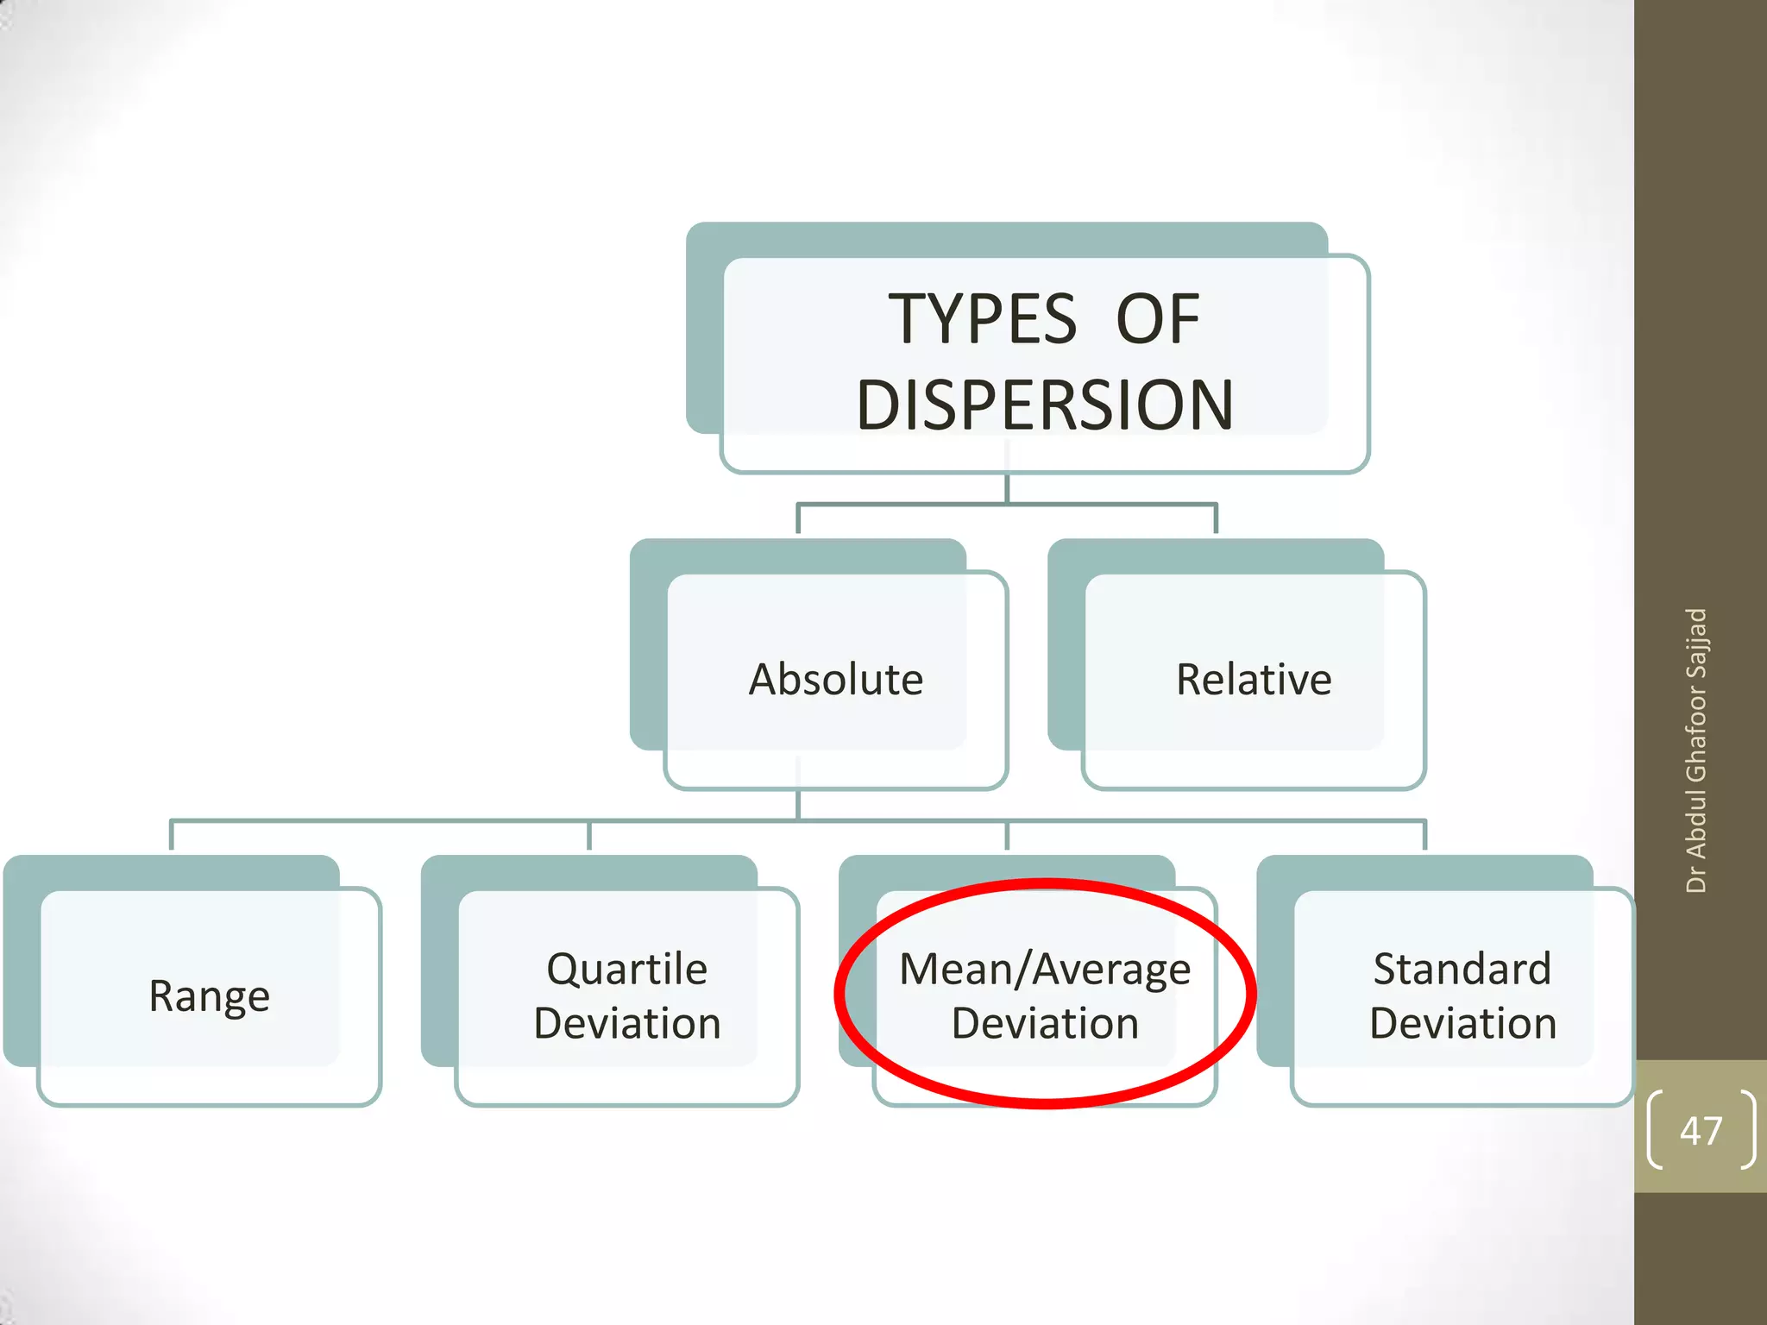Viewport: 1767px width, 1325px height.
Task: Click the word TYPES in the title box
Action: [x=983, y=319]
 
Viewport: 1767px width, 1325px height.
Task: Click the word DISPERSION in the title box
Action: [x=1045, y=405]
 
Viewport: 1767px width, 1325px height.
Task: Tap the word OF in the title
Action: [x=1158, y=319]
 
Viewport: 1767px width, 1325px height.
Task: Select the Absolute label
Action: [x=835, y=679]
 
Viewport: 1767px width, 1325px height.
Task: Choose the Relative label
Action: [x=1254, y=679]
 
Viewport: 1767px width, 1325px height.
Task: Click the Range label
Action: [x=210, y=996]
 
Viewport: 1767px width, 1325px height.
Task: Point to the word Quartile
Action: [x=627, y=969]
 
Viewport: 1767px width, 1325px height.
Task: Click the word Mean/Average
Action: [x=1045, y=969]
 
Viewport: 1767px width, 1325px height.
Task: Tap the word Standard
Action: [x=1462, y=969]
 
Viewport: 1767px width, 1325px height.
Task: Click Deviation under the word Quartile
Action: [x=627, y=1024]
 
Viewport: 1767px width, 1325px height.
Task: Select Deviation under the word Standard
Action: [x=1462, y=1024]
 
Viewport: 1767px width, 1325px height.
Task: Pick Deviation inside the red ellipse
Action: [x=1045, y=1024]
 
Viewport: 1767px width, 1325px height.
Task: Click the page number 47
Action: [x=1701, y=1130]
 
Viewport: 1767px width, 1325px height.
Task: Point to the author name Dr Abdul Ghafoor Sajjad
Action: [x=1696, y=750]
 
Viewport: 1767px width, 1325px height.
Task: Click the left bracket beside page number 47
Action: [x=1654, y=1130]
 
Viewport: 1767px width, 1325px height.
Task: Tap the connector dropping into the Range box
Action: [x=172, y=835]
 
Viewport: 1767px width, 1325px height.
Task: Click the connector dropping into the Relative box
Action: [x=1216, y=518]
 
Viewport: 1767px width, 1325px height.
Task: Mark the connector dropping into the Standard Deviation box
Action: [x=1424, y=835]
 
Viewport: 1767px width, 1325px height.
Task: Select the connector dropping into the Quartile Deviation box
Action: [x=589, y=835]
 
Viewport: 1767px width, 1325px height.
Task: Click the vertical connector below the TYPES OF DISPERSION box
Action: [x=1007, y=487]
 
